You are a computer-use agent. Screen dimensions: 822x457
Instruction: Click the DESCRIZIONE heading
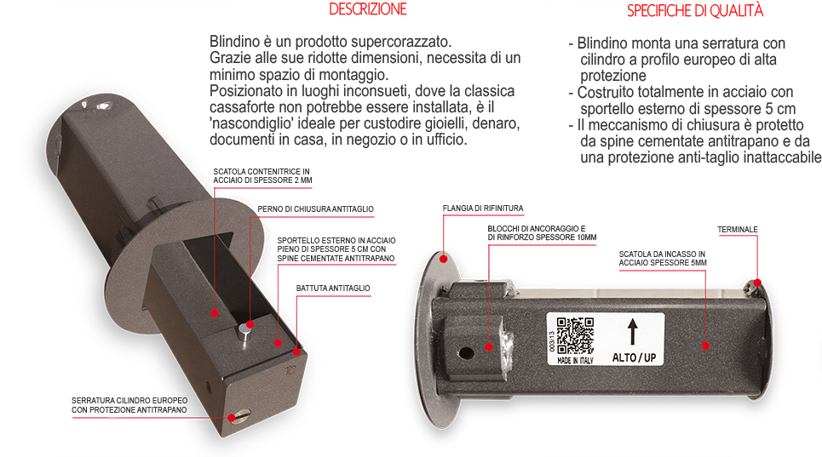[x=367, y=9]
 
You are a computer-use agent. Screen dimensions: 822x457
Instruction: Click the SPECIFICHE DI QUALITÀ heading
[x=694, y=10]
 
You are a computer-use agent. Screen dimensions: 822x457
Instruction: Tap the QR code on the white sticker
[x=575, y=335]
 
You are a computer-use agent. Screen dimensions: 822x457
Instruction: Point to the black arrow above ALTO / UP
[x=633, y=331]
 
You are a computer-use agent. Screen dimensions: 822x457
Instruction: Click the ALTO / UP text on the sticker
[x=635, y=357]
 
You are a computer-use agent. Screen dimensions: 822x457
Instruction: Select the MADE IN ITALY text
[x=575, y=360]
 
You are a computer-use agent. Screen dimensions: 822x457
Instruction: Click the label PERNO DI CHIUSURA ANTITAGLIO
[x=315, y=209]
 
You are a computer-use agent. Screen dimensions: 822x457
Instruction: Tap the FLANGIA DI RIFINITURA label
[x=483, y=209]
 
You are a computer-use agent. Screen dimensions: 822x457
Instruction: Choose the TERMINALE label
[x=737, y=229]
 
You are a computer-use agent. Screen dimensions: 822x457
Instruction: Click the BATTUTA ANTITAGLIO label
[x=333, y=288]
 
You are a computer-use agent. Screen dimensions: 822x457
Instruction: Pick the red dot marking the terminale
[x=757, y=283]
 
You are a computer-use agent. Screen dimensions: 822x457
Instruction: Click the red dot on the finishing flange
[x=444, y=259]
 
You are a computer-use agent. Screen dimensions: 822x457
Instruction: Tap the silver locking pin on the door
[x=244, y=334]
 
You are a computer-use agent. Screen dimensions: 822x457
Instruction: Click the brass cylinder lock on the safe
[x=239, y=416]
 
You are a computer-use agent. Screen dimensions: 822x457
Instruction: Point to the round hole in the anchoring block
[x=466, y=354]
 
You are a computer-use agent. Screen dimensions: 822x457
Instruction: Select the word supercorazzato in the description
[x=401, y=42]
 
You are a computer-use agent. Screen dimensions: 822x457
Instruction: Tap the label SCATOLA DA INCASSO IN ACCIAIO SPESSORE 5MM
[x=663, y=258]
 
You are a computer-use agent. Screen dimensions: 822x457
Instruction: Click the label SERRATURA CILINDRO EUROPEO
[x=129, y=401]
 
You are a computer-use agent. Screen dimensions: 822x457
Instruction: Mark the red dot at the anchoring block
[x=489, y=346]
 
